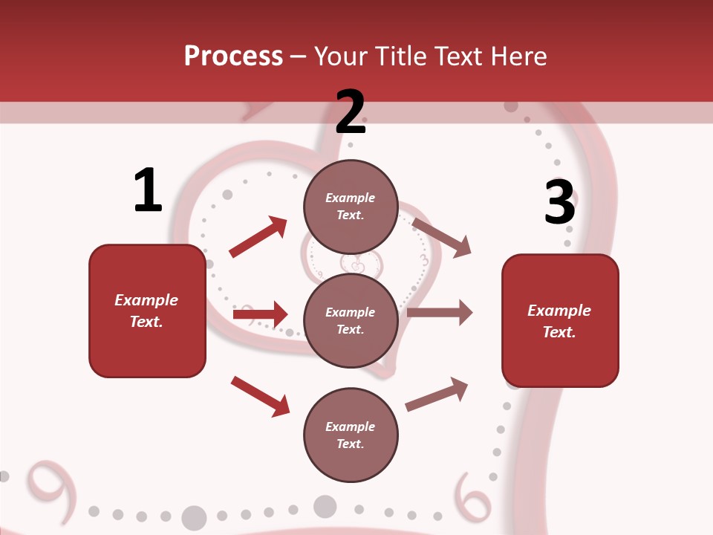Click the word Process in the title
pyautogui.click(x=233, y=56)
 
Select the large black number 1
pyautogui.click(x=148, y=191)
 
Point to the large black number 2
pyautogui.click(x=351, y=112)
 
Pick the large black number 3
pyautogui.click(x=559, y=202)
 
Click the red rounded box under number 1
pyautogui.click(x=147, y=311)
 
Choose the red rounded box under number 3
pyautogui.click(x=560, y=320)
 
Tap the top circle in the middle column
pyautogui.click(x=351, y=207)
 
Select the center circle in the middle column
pyautogui.click(x=351, y=320)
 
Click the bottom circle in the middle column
pyautogui.click(x=351, y=435)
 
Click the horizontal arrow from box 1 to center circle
pyautogui.click(x=260, y=315)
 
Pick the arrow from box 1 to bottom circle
pyautogui.click(x=260, y=396)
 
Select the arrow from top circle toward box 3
pyautogui.click(x=441, y=237)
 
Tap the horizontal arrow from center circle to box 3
pyautogui.click(x=440, y=313)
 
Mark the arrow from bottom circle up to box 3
pyautogui.click(x=437, y=394)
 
